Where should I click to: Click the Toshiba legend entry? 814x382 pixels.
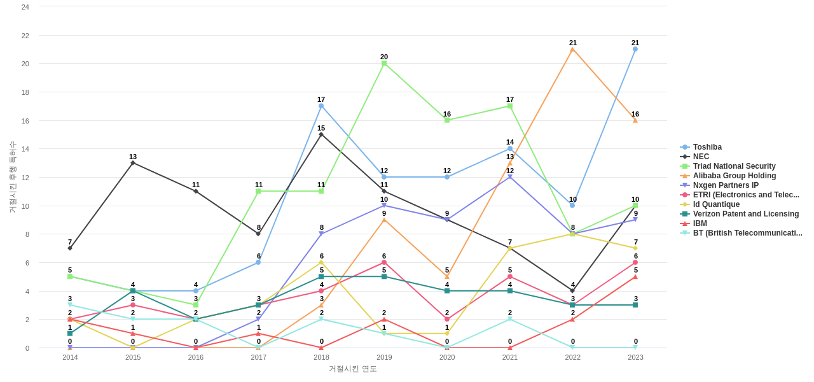point(707,147)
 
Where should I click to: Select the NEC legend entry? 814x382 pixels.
point(701,157)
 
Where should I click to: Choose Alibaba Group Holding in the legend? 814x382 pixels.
point(734,176)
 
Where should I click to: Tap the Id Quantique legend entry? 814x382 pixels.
point(716,204)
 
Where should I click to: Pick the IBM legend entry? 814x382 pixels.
point(700,223)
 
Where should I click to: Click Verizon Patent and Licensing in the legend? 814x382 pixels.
point(745,214)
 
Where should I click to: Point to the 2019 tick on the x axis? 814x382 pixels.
point(384,357)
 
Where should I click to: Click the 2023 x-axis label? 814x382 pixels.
point(635,357)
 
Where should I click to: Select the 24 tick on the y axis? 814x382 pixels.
point(25,7)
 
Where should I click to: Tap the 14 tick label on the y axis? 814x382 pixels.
point(25,149)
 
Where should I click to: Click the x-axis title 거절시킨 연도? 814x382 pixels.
point(353,369)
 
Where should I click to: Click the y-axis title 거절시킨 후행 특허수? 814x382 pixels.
point(12,177)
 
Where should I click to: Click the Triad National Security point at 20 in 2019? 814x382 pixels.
point(384,64)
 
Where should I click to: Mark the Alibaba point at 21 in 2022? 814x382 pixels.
point(572,50)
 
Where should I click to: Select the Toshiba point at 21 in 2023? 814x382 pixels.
point(635,49)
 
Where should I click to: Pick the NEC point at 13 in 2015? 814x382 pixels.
point(133,163)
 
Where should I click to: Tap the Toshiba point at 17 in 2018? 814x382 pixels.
point(321,106)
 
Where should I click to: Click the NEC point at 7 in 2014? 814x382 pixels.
point(70,248)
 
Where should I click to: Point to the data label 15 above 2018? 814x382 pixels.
point(321,128)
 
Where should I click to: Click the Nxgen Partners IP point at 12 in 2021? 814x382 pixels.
point(510,177)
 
